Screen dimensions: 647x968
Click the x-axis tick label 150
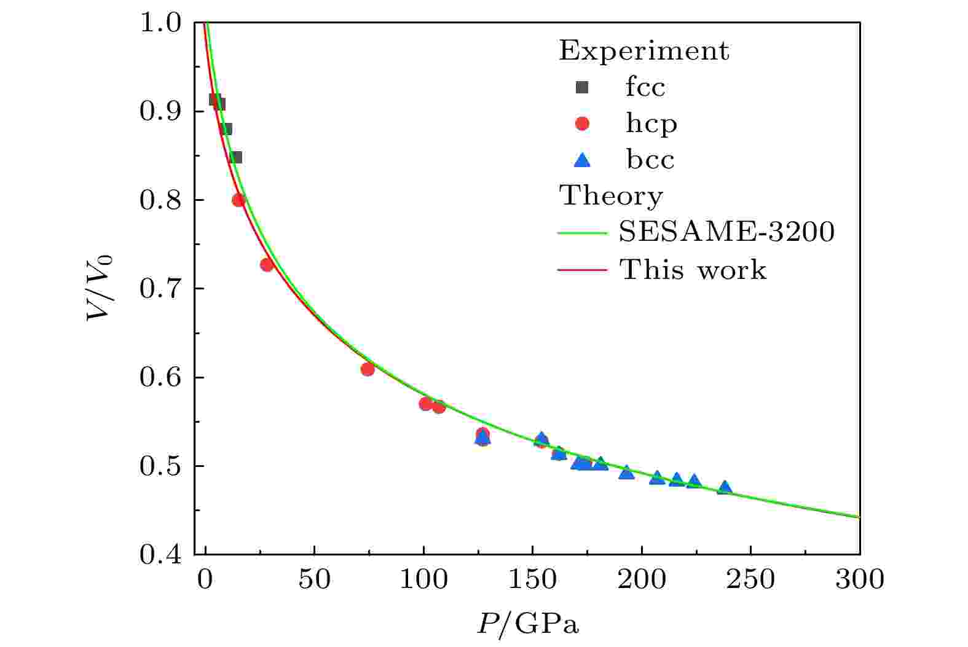[532, 579]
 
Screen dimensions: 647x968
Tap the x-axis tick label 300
[859, 579]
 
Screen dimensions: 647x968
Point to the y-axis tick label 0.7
[159, 289]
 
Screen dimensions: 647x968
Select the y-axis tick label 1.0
[159, 23]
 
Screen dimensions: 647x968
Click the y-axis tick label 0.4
[159, 555]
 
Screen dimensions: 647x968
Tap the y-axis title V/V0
[101, 288]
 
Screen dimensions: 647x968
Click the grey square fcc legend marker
[581, 87]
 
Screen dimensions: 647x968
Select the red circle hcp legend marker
[581, 124]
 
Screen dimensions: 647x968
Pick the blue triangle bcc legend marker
[581, 160]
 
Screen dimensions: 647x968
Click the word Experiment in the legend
[644, 51]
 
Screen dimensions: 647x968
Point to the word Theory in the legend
[611, 197]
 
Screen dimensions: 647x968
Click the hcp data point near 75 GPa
[368, 369]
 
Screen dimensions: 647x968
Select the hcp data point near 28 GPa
[267, 265]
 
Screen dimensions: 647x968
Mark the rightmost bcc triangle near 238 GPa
[725, 488]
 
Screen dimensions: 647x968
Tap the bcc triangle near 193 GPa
[626, 473]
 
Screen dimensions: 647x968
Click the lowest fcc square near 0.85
[236, 157]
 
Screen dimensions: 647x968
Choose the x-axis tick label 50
[314, 579]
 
